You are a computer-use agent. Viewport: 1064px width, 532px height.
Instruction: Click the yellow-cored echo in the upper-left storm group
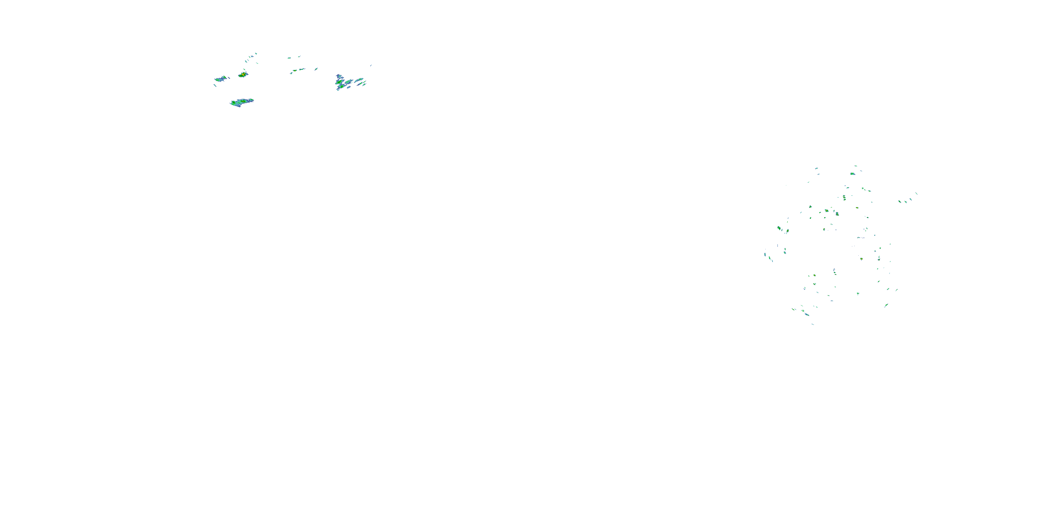coord(243,75)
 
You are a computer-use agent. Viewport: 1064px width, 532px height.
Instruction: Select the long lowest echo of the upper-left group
coord(242,102)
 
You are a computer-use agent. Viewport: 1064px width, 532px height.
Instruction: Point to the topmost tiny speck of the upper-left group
coord(256,53)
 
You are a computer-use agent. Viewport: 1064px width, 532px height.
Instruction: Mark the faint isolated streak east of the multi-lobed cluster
coord(371,65)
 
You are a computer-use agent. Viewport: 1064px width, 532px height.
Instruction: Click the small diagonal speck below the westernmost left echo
coord(215,85)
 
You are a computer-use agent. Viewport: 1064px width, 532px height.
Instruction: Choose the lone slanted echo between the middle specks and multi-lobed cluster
coord(316,69)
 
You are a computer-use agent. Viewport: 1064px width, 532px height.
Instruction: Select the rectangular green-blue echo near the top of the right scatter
coord(853,173)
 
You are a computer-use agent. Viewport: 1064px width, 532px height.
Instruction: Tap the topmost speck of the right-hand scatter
coord(855,166)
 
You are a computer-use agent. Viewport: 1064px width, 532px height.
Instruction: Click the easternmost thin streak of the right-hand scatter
coord(916,193)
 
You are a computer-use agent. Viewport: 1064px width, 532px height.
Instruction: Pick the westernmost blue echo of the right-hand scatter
coord(765,254)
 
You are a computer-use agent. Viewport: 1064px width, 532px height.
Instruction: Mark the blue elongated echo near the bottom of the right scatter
coord(807,314)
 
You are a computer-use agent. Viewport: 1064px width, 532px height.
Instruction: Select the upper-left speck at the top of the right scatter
coord(816,168)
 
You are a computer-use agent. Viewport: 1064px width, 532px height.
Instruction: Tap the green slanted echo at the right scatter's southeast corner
coord(886,305)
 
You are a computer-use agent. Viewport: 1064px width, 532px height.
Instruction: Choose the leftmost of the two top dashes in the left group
coord(289,58)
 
